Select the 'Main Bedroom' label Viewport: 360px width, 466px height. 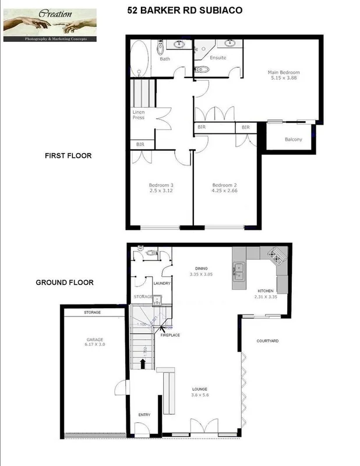[x=284, y=72]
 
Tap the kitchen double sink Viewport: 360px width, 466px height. [x=239, y=269]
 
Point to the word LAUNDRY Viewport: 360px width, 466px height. [x=161, y=283]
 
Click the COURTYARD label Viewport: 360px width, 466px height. [x=269, y=340]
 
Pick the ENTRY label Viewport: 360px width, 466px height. [x=144, y=415]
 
